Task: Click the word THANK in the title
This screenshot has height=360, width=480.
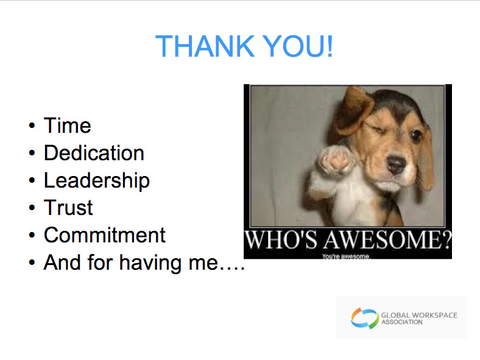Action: click(x=205, y=46)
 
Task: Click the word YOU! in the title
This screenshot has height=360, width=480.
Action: click(x=298, y=46)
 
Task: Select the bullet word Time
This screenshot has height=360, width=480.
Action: click(x=68, y=125)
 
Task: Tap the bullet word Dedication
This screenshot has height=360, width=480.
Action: click(x=94, y=152)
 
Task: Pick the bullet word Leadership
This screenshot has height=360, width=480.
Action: click(x=97, y=181)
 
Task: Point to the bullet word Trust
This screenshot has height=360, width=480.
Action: click(x=68, y=208)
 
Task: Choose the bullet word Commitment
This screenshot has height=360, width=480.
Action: click(x=105, y=235)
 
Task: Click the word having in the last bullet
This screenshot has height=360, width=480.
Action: click(x=150, y=263)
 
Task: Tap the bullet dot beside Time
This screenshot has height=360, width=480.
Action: click(x=32, y=125)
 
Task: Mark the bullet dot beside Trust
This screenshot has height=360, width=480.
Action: click(x=32, y=208)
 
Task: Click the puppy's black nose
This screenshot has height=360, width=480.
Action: click(x=396, y=163)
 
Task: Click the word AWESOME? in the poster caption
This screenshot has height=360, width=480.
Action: click(x=388, y=240)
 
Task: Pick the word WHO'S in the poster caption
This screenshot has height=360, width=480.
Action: click(x=281, y=240)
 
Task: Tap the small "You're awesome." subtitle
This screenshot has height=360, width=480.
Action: click(x=346, y=256)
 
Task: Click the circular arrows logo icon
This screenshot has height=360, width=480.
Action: click(x=365, y=318)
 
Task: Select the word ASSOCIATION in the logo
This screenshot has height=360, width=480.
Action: click(x=402, y=322)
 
